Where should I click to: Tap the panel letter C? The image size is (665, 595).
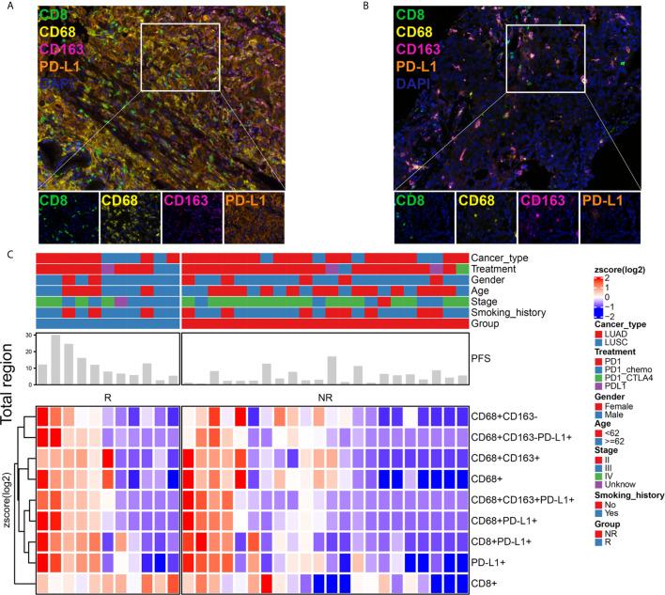pyautogui.click(x=7, y=253)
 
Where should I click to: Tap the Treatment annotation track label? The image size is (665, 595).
pyautogui.click(x=495, y=269)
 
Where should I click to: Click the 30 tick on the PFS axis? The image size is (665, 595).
pyautogui.click(x=30, y=335)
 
